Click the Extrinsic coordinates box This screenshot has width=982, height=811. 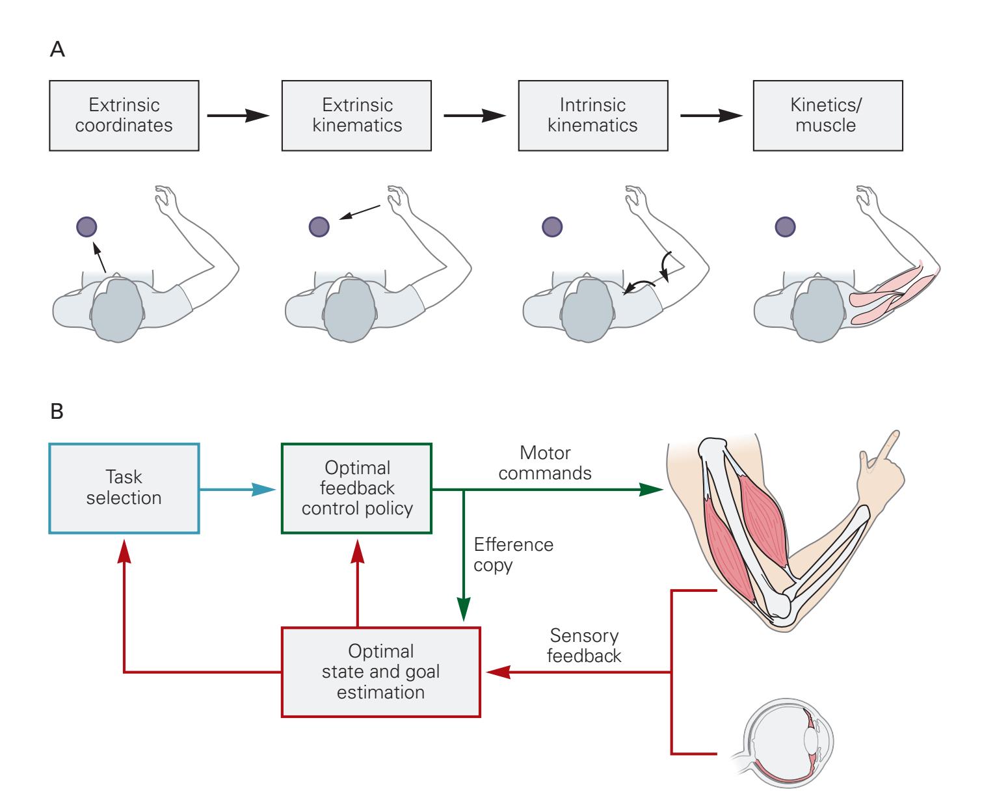tap(124, 115)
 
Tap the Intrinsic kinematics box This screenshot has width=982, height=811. tap(592, 115)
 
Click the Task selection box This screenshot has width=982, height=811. tap(124, 488)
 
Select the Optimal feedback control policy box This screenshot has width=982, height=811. tap(356, 488)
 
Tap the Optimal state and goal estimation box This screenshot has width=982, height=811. tap(380, 672)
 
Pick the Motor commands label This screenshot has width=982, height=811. tap(545, 462)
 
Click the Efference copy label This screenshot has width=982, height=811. tap(513, 554)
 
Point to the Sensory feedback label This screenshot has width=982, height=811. tap(583, 645)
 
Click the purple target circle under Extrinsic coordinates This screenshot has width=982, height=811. tap(86, 227)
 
